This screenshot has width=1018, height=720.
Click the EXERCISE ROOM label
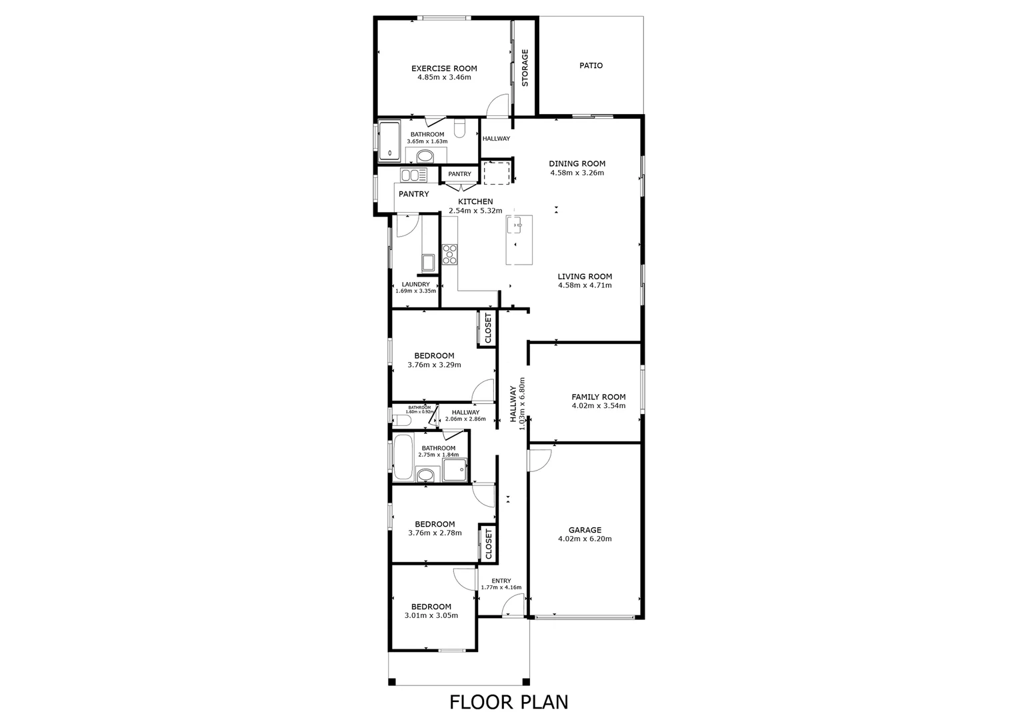tap(444, 68)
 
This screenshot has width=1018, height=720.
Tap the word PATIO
tap(591, 65)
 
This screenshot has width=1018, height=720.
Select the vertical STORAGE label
tap(525, 68)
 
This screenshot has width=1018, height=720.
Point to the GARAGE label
tap(585, 530)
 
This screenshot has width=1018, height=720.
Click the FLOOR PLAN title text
tap(509, 701)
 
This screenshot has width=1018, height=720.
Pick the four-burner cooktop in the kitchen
tap(450, 255)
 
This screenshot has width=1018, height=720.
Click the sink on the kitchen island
tap(517, 225)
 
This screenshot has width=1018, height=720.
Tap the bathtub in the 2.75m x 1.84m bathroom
tap(403, 457)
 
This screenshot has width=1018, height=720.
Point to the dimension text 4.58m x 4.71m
tap(585, 285)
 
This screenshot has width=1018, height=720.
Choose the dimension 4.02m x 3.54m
tap(598, 405)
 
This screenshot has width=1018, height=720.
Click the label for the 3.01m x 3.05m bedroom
tap(431, 607)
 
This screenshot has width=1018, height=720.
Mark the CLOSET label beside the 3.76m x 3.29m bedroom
tap(488, 328)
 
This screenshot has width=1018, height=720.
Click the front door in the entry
tap(513, 607)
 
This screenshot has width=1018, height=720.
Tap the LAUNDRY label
tap(415, 284)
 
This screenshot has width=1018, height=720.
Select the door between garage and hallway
tap(539, 460)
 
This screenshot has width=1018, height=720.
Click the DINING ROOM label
tap(577, 163)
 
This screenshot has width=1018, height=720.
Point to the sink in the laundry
tap(428, 262)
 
